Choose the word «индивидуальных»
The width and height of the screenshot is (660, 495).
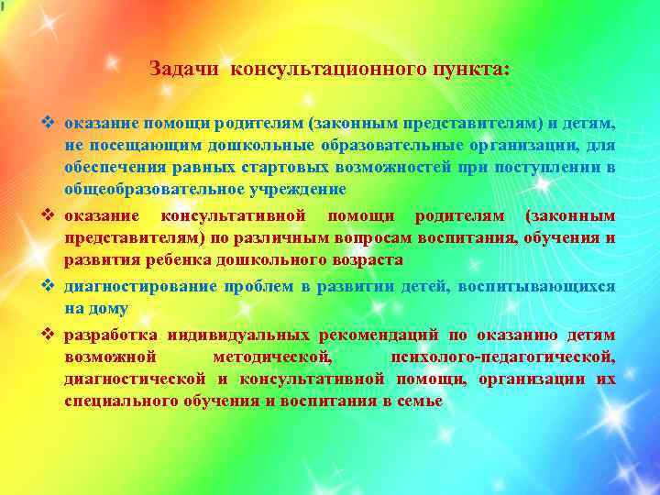[x=222, y=335]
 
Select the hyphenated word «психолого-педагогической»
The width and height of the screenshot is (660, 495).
[x=502, y=357]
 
